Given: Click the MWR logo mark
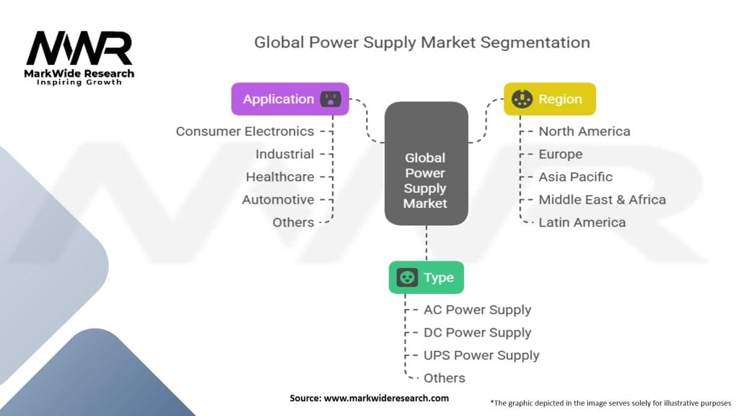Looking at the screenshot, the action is tap(79, 48).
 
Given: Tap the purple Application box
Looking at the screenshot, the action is tap(290, 99).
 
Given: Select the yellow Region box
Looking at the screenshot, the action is tap(549, 99).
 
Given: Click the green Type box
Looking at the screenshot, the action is tap(426, 277).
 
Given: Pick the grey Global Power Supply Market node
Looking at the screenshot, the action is tap(426, 163).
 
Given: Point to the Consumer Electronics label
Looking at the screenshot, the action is tap(245, 131).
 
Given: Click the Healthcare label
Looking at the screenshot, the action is tap(280, 177).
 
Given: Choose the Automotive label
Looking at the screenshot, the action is tap(278, 199).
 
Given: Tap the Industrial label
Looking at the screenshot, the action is tap(284, 155).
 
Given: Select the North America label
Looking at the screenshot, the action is tap(585, 131).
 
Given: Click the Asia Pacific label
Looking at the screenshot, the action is tap(575, 177).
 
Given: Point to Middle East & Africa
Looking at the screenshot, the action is tap(603, 199).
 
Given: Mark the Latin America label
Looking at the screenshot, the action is tap(582, 222).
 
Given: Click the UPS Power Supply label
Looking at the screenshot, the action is tap(481, 355).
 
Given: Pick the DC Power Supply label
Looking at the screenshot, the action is tap(478, 332).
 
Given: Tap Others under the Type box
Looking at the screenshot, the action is tap(444, 378).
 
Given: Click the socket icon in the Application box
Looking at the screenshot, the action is tap(331, 99).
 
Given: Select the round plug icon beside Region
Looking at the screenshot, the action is tap(522, 99).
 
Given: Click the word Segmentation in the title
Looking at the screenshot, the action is tap(535, 43).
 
